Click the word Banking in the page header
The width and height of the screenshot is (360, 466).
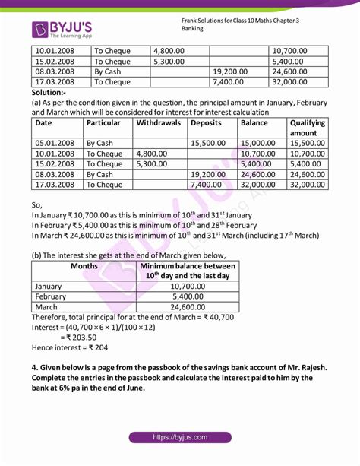pyautogui.click(x=193, y=28)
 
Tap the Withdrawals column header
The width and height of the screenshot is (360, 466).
pyautogui.click(x=160, y=122)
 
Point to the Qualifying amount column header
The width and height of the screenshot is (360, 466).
pyautogui.click(x=308, y=127)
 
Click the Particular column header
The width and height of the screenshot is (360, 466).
pyautogui.click(x=104, y=122)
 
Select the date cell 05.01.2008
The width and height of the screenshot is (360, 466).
pyautogui.click(x=55, y=142)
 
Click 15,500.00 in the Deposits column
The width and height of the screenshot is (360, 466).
pyautogui.click(x=212, y=142)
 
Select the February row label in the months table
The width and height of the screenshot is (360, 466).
pyautogui.click(x=52, y=296)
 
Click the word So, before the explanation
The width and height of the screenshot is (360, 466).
pyautogui.click(x=37, y=204)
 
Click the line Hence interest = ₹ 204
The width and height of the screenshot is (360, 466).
pyautogui.click(x=69, y=347)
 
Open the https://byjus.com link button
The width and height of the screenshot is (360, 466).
pyautogui.click(x=179, y=437)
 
